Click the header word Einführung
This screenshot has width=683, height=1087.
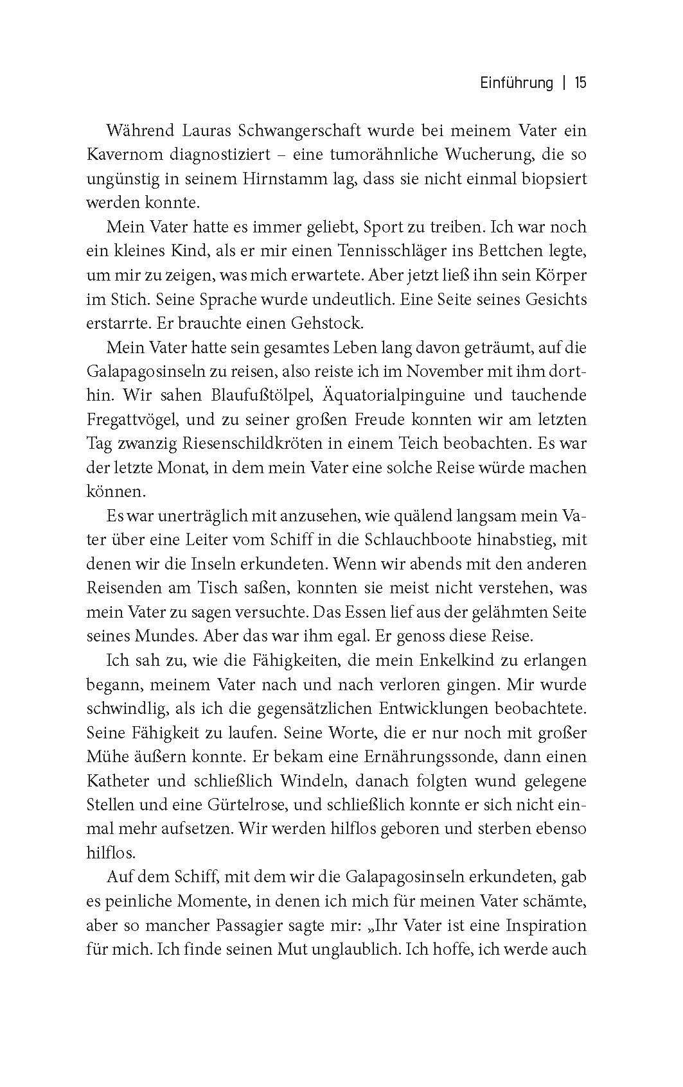coord(517,83)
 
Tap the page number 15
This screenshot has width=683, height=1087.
coord(580,83)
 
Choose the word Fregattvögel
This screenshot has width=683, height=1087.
coord(132,420)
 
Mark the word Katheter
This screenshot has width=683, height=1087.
coord(118,781)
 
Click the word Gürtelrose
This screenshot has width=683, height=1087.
coord(240,804)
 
